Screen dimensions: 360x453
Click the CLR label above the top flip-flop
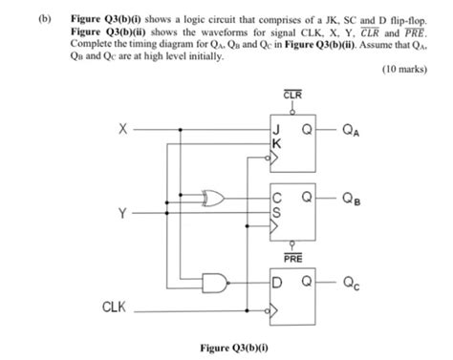click(293, 94)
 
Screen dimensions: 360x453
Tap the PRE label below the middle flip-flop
click(293, 257)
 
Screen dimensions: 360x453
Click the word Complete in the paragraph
click(93, 44)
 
